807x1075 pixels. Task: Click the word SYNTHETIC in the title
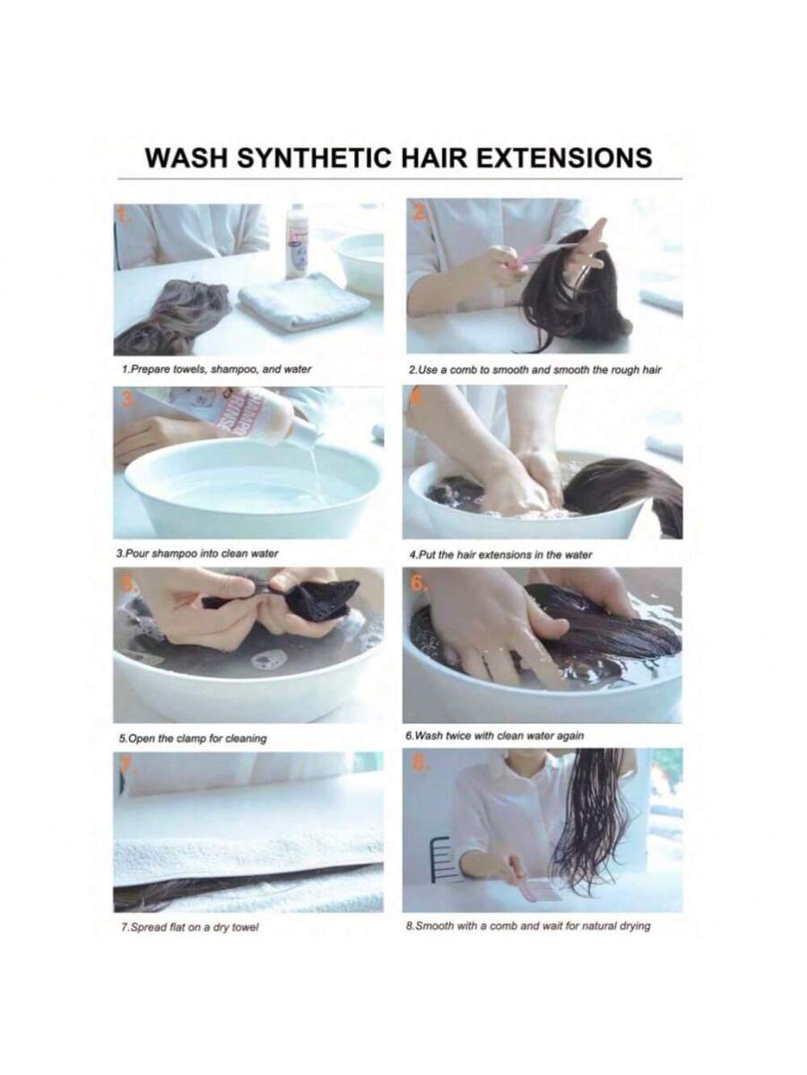[x=314, y=158]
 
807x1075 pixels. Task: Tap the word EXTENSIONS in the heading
[x=564, y=158]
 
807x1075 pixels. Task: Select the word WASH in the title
[x=186, y=158]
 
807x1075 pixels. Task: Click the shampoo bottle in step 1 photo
[x=298, y=241]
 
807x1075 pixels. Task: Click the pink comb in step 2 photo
[x=549, y=249]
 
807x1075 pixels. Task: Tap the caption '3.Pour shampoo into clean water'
[x=197, y=553]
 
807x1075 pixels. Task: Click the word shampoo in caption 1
[x=233, y=368]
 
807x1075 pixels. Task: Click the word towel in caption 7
[x=246, y=928]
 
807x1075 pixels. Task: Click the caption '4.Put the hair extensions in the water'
[x=499, y=555]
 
